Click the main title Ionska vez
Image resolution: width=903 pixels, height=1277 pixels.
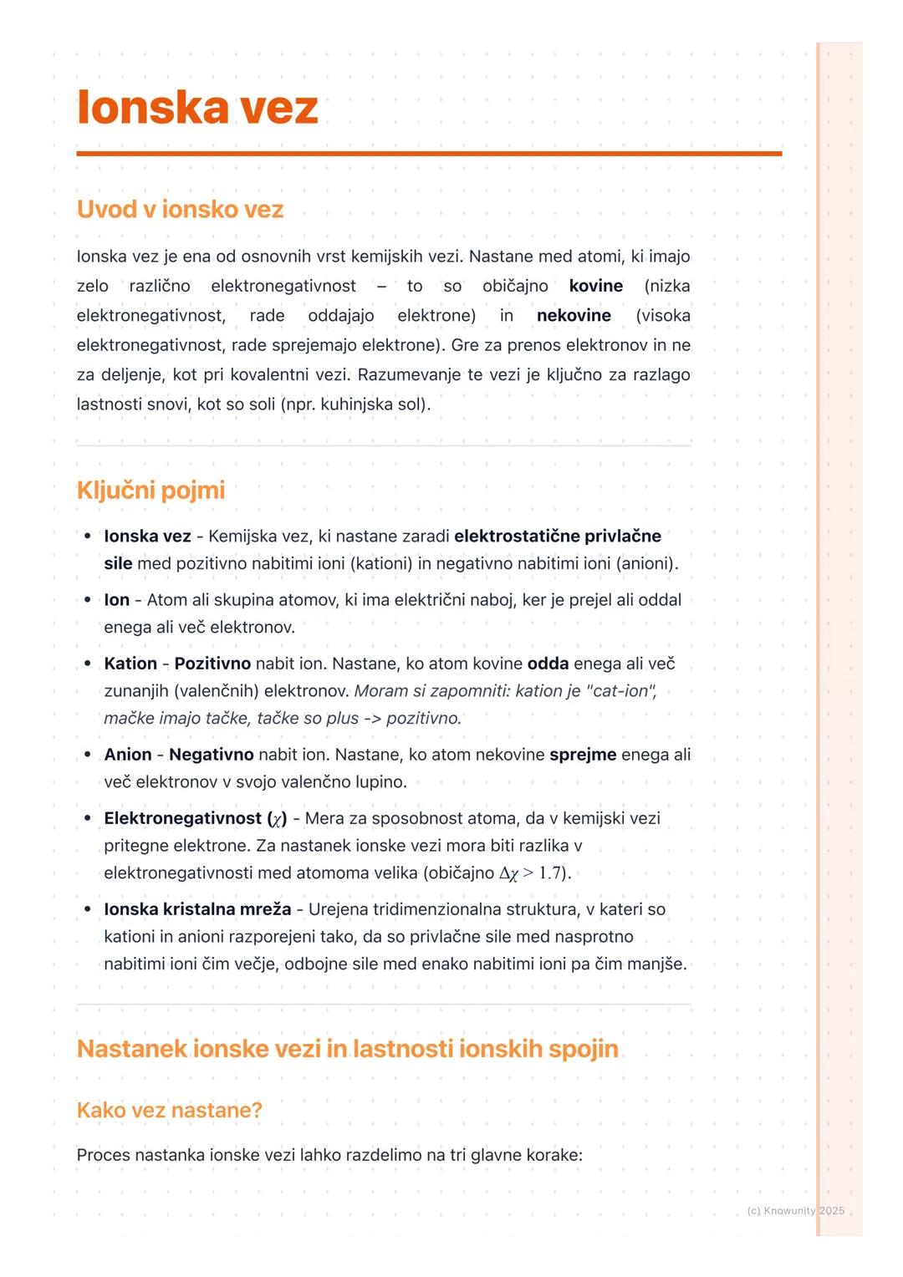coord(197,108)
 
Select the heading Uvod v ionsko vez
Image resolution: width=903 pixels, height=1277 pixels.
coord(180,209)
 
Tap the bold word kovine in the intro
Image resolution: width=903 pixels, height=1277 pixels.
coord(595,286)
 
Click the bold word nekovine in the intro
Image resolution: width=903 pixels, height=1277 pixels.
coord(574,316)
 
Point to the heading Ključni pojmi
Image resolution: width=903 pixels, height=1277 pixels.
coord(150,490)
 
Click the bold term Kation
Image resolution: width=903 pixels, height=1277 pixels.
coord(130,664)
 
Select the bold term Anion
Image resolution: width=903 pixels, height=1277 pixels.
coord(128,755)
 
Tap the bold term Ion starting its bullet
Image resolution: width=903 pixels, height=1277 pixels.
coord(116,600)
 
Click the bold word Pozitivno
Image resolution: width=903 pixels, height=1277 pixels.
coord(212,664)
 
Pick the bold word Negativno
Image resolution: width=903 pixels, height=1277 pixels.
coord(211,755)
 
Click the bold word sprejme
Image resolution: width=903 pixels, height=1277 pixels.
coord(583,755)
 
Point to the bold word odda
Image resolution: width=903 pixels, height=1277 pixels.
coord(548,664)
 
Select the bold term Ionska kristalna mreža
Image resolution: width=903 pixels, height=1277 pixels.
coord(197,909)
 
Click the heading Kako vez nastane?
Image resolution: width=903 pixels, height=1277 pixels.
coord(169,1110)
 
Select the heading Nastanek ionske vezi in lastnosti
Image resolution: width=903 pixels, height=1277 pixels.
coord(347,1049)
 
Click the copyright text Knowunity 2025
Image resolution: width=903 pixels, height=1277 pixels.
coord(795,1211)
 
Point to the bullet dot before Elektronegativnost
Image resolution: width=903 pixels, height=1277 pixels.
coord(87,818)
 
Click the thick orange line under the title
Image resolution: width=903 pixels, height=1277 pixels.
coord(429,154)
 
